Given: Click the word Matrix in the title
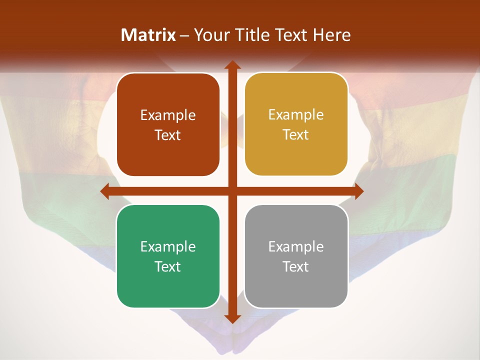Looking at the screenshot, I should click(148, 35).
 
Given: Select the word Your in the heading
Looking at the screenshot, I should click(210, 35).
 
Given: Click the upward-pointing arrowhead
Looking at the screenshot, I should click(231, 65).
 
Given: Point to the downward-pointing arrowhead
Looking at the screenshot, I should click(231, 318).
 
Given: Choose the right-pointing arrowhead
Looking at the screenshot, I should click(358, 191).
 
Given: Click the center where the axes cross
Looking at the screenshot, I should click(231, 191).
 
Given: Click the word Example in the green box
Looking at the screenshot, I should click(168, 246).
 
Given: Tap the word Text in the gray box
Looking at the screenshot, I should click(296, 266).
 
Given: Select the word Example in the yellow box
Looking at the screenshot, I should click(296, 115).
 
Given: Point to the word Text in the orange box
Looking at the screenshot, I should click(168, 135).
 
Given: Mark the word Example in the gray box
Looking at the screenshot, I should click(296, 246).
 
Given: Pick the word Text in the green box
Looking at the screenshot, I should click(168, 266).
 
